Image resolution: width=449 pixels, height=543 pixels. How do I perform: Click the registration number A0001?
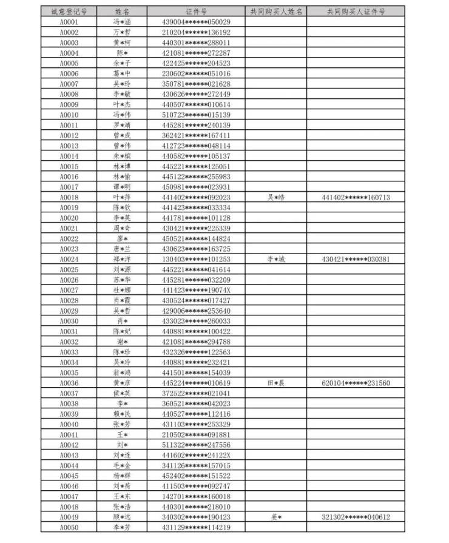[69, 22]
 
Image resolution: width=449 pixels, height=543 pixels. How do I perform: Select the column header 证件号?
[196, 12]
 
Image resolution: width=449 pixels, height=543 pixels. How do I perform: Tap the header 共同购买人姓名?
[276, 12]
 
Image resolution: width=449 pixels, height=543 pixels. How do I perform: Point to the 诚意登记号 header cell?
[69, 12]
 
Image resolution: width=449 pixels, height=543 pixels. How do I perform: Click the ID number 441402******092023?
[196, 197]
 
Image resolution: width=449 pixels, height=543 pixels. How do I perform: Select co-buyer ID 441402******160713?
[356, 197]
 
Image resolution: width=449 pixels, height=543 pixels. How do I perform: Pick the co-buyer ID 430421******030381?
[356, 259]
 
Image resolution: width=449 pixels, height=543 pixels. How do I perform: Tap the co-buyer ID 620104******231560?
[356, 383]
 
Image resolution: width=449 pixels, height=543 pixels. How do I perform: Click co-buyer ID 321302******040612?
[356, 517]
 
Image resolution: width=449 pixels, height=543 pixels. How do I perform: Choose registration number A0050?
[69, 527]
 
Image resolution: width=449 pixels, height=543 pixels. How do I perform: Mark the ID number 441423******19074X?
[196, 290]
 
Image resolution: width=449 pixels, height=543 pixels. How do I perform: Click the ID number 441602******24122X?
[196, 455]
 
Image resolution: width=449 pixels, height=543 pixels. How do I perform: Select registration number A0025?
[69, 269]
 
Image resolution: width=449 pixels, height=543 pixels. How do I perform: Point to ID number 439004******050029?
[196, 22]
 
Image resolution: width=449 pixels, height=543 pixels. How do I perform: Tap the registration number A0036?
[69, 383]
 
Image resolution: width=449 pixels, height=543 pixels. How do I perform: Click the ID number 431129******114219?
[196, 527]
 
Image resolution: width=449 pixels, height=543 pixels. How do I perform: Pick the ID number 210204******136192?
[196, 32]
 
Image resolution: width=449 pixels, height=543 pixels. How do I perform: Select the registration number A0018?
[69, 197]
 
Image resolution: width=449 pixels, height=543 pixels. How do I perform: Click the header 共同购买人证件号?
[356, 12]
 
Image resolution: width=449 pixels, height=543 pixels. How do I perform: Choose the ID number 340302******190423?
[196, 517]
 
